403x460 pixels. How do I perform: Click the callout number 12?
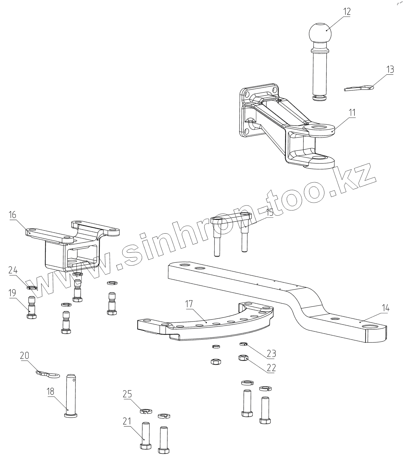click(x=346, y=12)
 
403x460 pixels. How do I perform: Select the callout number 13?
click(x=390, y=70)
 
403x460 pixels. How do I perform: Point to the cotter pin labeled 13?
click(x=359, y=88)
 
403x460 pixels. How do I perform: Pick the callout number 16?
click(x=13, y=215)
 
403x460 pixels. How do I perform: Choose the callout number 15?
click(x=269, y=212)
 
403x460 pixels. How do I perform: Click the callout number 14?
click(x=385, y=308)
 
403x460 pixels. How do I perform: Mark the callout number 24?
click(x=13, y=270)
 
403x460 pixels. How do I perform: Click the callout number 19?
click(x=12, y=293)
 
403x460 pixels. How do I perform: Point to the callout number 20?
click(x=25, y=356)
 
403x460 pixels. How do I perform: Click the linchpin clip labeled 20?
click(x=48, y=374)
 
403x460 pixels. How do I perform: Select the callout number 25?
click(x=127, y=394)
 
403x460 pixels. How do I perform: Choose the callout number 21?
click(x=127, y=422)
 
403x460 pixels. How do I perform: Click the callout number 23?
click(x=271, y=354)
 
